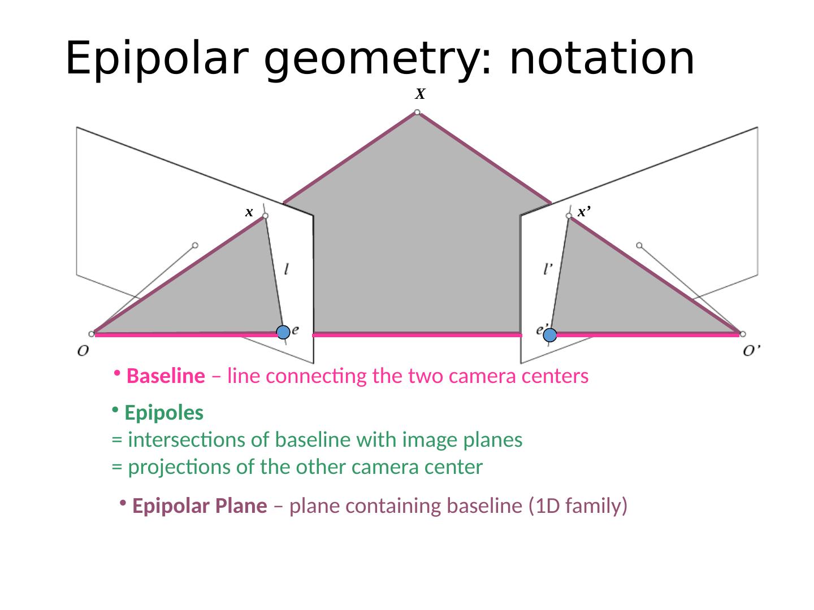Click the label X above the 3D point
tap(420, 94)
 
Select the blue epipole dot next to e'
tap(550, 335)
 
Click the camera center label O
tap(83, 351)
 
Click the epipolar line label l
tap(288, 269)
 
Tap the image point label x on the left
tap(249, 212)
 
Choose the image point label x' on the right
tap(584, 212)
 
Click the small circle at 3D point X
tap(417, 112)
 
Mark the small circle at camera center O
tap(92, 334)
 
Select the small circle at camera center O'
tap(743, 334)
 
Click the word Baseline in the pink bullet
tap(166, 376)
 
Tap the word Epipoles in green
tap(164, 413)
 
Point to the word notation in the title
tap(601, 58)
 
